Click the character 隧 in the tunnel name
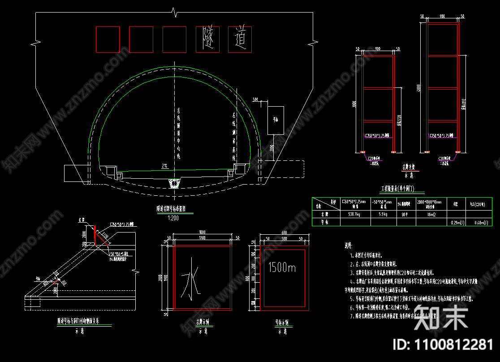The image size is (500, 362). click(x=207, y=39)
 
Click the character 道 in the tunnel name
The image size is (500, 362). click(x=241, y=39)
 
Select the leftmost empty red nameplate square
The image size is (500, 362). click(x=108, y=39)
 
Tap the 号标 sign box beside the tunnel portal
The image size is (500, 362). click(x=276, y=120)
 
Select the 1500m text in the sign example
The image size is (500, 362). click(x=282, y=268)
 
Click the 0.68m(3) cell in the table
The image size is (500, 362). click(x=479, y=222)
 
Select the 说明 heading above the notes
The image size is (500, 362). click(x=348, y=246)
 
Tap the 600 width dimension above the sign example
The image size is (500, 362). click(x=283, y=232)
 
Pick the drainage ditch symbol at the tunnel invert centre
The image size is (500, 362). click(x=173, y=183)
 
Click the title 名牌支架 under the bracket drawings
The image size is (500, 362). click(x=409, y=167)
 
